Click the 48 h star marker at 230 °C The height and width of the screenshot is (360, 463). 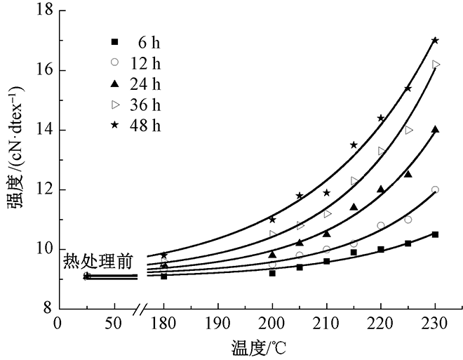(x=435, y=41)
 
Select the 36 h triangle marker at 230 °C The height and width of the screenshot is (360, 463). (x=436, y=65)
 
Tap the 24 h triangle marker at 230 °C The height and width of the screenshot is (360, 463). (x=435, y=129)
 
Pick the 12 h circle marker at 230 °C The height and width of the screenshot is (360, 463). (x=435, y=189)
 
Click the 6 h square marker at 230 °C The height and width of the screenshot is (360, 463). (x=435, y=234)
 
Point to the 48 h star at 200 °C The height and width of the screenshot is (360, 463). (x=272, y=220)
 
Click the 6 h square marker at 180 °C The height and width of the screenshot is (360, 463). (x=164, y=276)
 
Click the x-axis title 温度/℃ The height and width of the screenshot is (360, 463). (x=261, y=347)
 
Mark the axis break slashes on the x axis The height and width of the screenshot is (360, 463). (x=143, y=309)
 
